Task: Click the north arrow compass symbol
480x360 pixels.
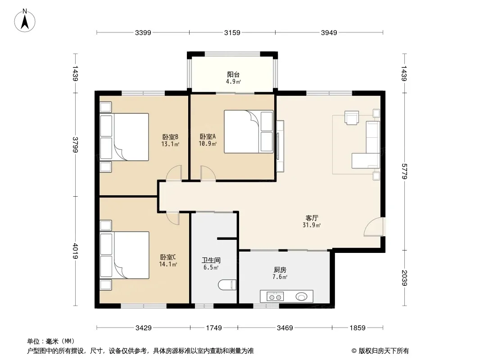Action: point(25,21)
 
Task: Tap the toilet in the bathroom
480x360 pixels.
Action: point(227,285)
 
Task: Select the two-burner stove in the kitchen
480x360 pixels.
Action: point(275,297)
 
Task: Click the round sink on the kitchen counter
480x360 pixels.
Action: point(302,297)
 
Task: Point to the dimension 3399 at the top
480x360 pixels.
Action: point(143,33)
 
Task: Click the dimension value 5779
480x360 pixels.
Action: point(404,171)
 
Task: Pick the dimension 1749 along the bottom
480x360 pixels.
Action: point(214,328)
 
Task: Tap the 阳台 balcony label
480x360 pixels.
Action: point(233,74)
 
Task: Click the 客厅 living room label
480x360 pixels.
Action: point(312,218)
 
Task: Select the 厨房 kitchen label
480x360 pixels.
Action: point(280,270)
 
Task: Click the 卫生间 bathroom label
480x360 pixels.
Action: point(211,260)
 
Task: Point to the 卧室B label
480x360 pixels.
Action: point(170,137)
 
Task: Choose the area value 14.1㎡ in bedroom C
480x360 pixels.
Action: point(168,264)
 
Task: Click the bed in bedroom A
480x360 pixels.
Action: point(249,131)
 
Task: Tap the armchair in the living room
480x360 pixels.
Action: point(351,117)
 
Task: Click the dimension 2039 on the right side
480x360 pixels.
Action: point(404,278)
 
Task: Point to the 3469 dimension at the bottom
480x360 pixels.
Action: point(285,328)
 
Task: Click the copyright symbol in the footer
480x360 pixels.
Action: point(354,351)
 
